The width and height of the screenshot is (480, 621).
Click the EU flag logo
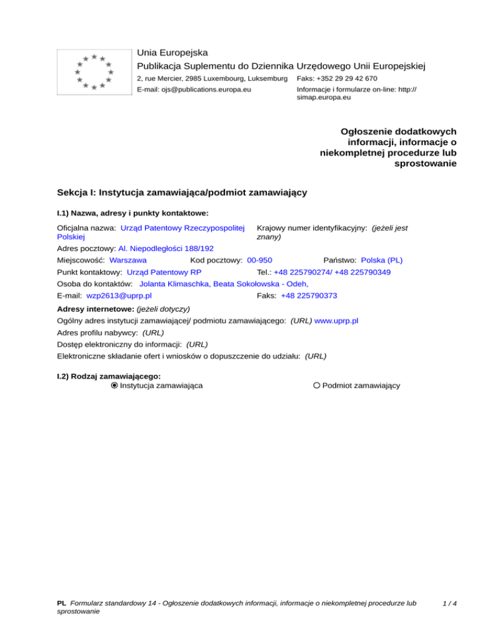click(x=94, y=72)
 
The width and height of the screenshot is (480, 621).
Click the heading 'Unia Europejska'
click(x=172, y=52)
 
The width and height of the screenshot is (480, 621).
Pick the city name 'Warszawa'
click(x=127, y=260)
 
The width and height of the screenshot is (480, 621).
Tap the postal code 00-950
click(x=259, y=260)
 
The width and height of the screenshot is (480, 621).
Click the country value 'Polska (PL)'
click(x=382, y=260)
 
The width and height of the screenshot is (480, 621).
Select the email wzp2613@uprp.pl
click(x=119, y=296)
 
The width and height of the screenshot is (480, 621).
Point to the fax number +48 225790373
click(x=313, y=296)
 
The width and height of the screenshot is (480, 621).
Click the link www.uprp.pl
click(x=336, y=320)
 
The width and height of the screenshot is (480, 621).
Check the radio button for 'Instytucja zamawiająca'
click(x=114, y=385)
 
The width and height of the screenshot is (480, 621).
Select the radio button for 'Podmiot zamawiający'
click(x=317, y=385)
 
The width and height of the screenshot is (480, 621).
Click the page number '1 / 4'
click(x=448, y=604)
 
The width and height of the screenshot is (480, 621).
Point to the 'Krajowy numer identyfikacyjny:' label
click(x=311, y=229)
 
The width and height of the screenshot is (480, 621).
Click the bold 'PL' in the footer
click(x=61, y=604)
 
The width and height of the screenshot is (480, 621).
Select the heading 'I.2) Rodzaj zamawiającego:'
click(x=109, y=376)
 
